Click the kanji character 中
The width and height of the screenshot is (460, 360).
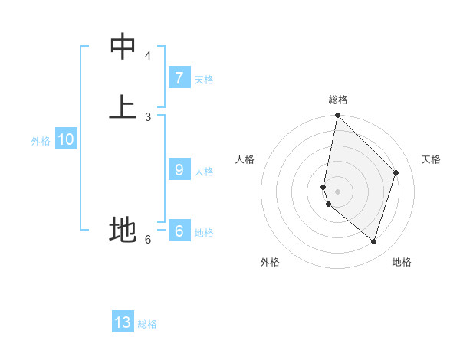point(123,47)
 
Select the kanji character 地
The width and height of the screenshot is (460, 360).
point(123,229)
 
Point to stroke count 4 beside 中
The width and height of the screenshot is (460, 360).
point(148,56)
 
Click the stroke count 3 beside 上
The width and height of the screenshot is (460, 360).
point(148,116)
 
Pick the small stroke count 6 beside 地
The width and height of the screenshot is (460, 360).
point(148,240)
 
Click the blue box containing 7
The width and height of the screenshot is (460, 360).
point(179,78)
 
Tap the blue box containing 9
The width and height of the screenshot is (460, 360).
point(179,170)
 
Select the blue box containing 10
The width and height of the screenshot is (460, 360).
point(66,140)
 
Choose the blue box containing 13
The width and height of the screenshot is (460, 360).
point(123,322)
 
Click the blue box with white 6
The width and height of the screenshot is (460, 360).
point(179,231)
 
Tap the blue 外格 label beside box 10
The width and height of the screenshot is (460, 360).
point(41,141)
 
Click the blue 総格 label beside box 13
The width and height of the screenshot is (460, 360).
point(147,324)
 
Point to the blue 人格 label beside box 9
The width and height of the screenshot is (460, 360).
point(204,172)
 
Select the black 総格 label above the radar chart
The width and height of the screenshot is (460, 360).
point(338,100)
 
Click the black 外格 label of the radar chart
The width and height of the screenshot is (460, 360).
point(270,262)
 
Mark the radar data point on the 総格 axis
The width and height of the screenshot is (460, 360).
point(337,115)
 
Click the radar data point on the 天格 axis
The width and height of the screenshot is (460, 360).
point(396,172)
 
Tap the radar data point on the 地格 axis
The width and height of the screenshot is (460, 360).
point(374,241)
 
